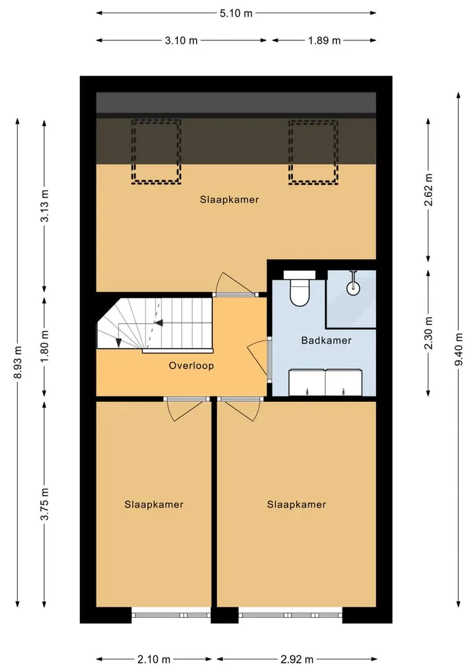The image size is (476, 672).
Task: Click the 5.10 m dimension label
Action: [x=236, y=13]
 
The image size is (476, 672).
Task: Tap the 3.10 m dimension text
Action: [x=181, y=41]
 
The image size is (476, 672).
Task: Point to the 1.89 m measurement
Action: [x=324, y=41]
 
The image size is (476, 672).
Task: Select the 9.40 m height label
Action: [x=458, y=350]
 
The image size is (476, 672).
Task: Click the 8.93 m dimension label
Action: [x=18, y=362]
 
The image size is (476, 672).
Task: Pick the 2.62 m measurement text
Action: [x=428, y=190]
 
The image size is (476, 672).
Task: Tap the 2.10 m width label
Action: [x=154, y=659]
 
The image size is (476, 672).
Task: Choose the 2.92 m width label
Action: [x=297, y=659]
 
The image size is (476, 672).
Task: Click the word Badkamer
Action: [x=327, y=341]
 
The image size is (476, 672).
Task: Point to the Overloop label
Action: [x=191, y=365]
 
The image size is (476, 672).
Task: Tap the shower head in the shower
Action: [x=353, y=283]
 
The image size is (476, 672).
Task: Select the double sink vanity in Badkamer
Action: [x=325, y=383]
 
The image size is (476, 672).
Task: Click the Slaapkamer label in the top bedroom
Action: [x=229, y=200]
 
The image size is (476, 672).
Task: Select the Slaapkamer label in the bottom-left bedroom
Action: [x=154, y=504]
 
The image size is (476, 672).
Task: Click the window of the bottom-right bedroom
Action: [x=290, y=615]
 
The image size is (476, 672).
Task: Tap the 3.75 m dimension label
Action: [x=44, y=504]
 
